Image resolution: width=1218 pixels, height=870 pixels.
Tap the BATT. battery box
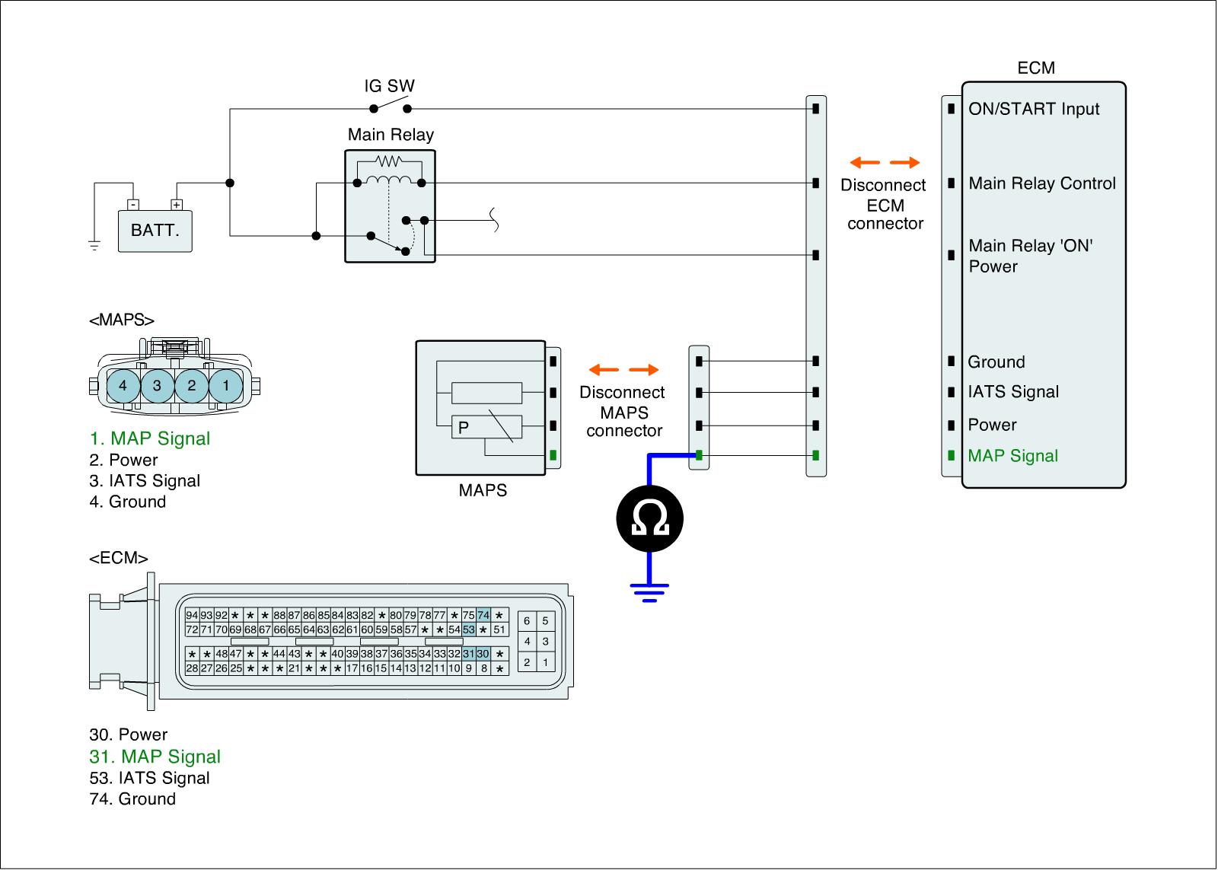click(155, 231)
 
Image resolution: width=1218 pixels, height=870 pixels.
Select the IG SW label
click(389, 86)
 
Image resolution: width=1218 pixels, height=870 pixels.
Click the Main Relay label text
click(391, 135)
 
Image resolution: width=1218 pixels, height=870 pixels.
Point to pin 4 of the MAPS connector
click(123, 386)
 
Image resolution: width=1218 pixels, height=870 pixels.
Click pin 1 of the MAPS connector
click(225, 386)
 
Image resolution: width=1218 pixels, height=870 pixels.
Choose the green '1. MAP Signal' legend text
click(150, 438)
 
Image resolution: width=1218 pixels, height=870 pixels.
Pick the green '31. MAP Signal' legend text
click(155, 757)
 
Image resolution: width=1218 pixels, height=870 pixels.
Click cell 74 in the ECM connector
click(483, 615)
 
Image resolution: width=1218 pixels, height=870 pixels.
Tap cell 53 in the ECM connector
click(469, 629)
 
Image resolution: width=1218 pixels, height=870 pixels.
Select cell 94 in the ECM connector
click(192, 615)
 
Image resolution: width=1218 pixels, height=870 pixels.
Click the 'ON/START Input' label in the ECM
click(1034, 109)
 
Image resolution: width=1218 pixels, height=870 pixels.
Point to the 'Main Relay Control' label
click(1042, 183)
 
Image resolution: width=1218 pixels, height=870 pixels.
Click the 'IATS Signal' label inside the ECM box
click(1013, 392)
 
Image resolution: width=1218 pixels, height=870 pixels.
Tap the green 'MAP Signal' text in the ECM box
click(1013, 456)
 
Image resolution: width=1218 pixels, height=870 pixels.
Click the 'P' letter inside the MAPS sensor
click(464, 428)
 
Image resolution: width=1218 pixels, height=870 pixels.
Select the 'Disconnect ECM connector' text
click(885, 204)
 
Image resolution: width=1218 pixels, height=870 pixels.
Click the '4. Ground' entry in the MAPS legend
click(128, 502)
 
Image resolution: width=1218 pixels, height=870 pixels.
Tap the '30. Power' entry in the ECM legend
click(129, 735)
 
